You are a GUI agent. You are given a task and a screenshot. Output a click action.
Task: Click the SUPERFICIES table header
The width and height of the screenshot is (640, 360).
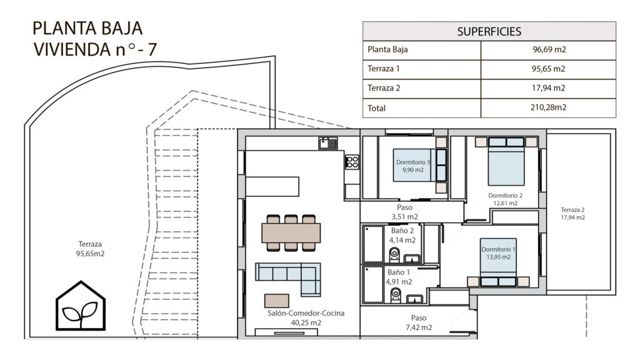point(489,31)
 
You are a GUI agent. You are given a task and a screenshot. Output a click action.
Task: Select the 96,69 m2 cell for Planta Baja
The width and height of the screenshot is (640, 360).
point(549,49)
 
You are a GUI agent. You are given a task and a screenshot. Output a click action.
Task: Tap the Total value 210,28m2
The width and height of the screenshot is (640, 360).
point(548,107)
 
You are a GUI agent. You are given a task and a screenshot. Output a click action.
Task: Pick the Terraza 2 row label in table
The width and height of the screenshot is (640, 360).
point(384,87)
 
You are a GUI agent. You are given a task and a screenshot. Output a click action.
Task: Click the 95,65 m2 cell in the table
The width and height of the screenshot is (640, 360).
point(548,69)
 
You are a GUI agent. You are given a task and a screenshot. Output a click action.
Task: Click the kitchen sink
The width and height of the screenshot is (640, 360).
point(328,143)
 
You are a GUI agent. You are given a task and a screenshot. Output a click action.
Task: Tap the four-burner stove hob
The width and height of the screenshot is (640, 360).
point(352,162)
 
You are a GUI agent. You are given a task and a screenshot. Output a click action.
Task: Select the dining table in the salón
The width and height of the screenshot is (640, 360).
point(291,232)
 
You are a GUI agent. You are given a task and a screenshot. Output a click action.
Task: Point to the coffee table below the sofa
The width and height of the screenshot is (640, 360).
point(276,301)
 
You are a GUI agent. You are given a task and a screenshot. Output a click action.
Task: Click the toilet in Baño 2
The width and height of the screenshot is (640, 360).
point(394,255)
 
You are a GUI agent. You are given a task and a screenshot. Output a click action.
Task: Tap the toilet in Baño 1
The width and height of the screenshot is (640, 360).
point(395,295)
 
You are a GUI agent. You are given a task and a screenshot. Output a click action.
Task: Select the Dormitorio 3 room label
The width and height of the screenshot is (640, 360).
point(413,162)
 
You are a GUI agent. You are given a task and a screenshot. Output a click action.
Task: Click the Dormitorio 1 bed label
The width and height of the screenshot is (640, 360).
point(498,249)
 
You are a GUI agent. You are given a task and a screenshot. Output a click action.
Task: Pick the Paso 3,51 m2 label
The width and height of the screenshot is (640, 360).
point(404,212)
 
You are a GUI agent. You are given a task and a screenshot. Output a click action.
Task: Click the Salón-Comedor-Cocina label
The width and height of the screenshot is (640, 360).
point(306,313)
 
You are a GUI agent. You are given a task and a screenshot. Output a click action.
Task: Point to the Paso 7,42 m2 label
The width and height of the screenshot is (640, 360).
point(419,322)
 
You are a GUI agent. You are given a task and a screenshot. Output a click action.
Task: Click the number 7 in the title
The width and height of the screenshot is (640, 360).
point(152,49)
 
